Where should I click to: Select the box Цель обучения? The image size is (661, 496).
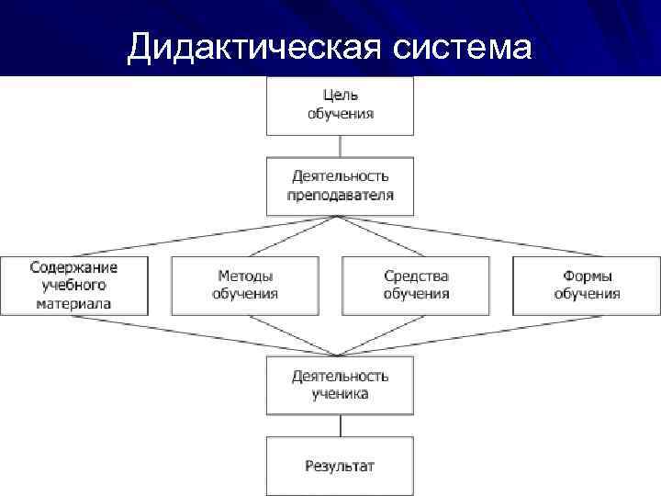pyautogui.click(x=340, y=105)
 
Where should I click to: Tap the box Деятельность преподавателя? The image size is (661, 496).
pyautogui.click(x=340, y=186)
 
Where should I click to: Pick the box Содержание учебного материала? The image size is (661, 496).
pyautogui.click(x=74, y=286)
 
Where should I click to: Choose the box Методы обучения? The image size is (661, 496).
pyautogui.click(x=245, y=286)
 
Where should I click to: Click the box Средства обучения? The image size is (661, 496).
pyautogui.click(x=416, y=286)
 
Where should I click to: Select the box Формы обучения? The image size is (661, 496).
pyautogui.click(x=587, y=286)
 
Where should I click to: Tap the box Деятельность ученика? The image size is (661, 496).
pyautogui.click(x=340, y=385)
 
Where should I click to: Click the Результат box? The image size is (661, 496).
pyautogui.click(x=340, y=466)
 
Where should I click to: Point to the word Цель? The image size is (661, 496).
pyautogui.click(x=340, y=96)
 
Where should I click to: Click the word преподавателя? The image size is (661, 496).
pyautogui.click(x=340, y=195)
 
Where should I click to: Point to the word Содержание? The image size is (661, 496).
pyautogui.click(x=74, y=267)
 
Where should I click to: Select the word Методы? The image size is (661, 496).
pyautogui.click(x=245, y=276)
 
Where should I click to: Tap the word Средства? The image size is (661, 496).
pyautogui.click(x=416, y=276)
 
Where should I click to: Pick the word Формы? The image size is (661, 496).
pyautogui.click(x=587, y=276)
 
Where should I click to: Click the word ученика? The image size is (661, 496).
pyautogui.click(x=340, y=394)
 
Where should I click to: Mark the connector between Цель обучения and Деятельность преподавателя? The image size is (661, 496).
pyautogui.click(x=340, y=147)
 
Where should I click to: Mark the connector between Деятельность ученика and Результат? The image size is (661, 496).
pyautogui.click(x=340, y=425)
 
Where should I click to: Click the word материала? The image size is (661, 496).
pyautogui.click(x=74, y=303)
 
